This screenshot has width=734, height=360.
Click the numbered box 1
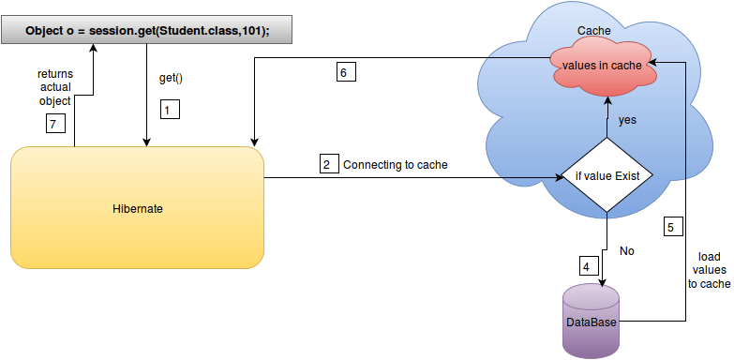pyautogui.click(x=171, y=110)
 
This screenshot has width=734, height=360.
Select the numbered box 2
pyautogui.click(x=330, y=164)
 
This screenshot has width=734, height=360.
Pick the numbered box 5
pyautogui.click(x=674, y=227)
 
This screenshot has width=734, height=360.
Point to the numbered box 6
pyautogui.click(x=346, y=72)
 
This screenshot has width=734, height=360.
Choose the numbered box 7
pyautogui.click(x=55, y=124)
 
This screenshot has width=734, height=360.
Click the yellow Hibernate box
pyautogui.click(x=137, y=208)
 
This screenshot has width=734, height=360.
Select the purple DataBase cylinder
pyautogui.click(x=592, y=321)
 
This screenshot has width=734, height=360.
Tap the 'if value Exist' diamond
pyautogui.click(x=607, y=177)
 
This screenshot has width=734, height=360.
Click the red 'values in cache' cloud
pyautogui.click(x=602, y=66)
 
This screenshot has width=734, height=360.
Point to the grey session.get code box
pyautogui.click(x=147, y=30)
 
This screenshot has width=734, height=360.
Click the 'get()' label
pyautogui.click(x=171, y=78)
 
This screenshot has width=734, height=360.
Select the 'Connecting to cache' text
pyautogui.click(x=396, y=165)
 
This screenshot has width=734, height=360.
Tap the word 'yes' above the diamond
pyautogui.click(x=627, y=120)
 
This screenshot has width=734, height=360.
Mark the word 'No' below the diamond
pyautogui.click(x=627, y=251)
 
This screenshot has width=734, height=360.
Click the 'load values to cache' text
pyautogui.click(x=709, y=270)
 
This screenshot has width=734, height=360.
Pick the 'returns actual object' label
pyautogui.click(x=55, y=87)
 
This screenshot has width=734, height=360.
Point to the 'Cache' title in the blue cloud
pyautogui.click(x=593, y=31)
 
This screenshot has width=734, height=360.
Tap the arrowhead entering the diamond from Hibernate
pyautogui.click(x=560, y=178)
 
